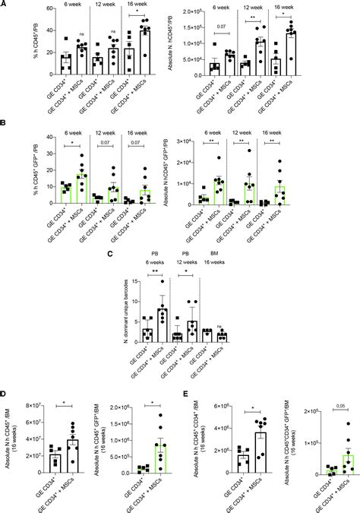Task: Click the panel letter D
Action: (4, 394)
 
